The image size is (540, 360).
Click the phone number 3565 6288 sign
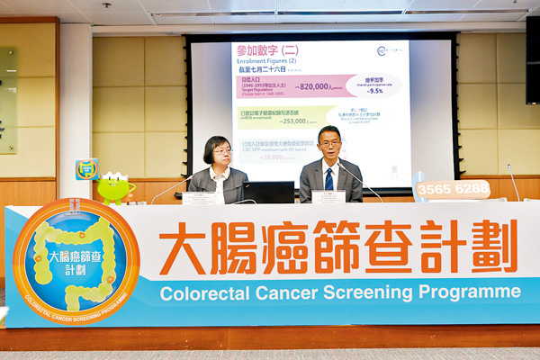coord(453,189)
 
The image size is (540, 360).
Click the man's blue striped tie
coord(328,178)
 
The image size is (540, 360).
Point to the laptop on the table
coord(268,192)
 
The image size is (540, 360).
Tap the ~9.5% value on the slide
coord(375,91)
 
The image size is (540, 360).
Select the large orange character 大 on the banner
coord(183,247)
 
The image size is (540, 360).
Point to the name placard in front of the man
coord(328,196)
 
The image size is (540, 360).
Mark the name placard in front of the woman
coord(199,198)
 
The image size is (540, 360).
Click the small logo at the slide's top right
coord(388,51)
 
